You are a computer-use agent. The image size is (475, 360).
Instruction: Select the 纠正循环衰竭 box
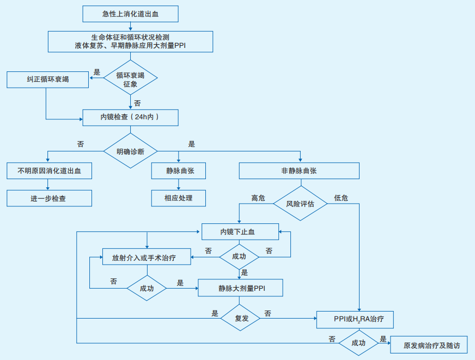point(48,80)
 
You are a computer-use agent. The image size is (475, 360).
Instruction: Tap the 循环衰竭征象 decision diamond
point(130,80)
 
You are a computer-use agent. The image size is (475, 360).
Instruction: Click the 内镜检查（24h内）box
point(130,117)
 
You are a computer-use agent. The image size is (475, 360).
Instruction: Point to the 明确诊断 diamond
point(130,151)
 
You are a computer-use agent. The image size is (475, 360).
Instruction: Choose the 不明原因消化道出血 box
point(49,170)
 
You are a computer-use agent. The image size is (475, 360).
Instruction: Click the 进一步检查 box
point(49,198)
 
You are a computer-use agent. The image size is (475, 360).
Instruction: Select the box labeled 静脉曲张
point(179,170)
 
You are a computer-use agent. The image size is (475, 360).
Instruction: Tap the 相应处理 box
point(179,198)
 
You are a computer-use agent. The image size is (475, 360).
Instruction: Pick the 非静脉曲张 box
point(299,170)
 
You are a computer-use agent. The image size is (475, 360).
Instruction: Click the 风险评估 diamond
point(300,204)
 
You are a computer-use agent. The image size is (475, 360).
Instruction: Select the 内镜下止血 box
point(240,231)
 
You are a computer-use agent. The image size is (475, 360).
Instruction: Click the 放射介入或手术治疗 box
point(147,257)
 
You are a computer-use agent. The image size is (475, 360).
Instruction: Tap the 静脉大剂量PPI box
point(240,288)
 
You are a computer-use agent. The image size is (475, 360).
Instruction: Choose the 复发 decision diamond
point(241,318)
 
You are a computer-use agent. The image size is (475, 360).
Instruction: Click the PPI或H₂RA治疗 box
point(355,319)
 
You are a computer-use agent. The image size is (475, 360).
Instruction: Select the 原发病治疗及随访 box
point(428,345)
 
